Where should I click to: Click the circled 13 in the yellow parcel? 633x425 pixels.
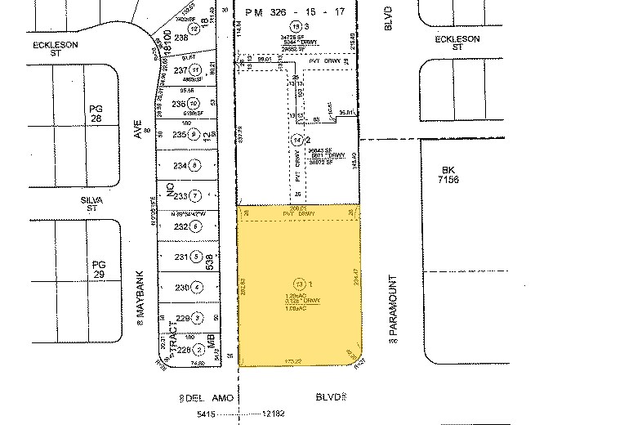(300, 283)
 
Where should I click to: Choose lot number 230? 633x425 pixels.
(182, 287)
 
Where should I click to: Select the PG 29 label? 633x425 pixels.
(99, 270)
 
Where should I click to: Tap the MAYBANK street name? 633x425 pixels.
(140, 298)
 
